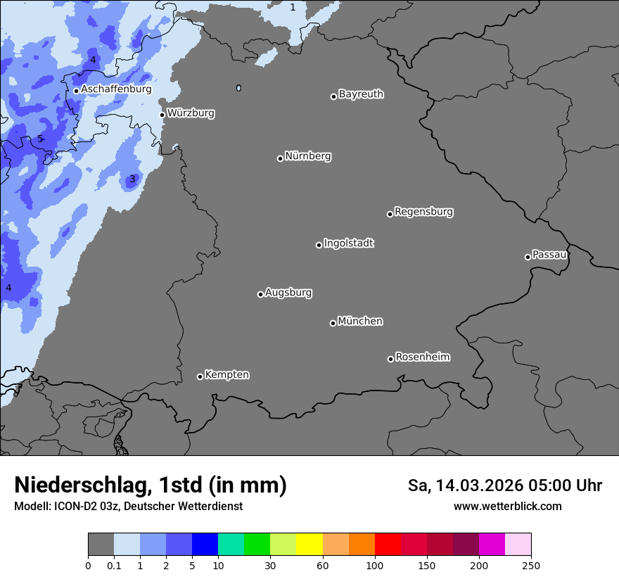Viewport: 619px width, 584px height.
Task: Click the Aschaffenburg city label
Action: (116, 89)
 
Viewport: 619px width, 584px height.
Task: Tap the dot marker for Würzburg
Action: (162, 115)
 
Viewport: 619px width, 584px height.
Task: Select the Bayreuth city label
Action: (361, 94)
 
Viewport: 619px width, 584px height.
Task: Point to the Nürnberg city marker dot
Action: (280, 158)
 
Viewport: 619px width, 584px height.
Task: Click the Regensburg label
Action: (423, 212)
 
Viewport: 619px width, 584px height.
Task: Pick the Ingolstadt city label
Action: (348, 243)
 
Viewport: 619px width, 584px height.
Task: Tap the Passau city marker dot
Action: (528, 257)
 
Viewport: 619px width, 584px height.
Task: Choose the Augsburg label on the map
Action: (288, 293)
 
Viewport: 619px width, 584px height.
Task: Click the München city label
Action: (360, 322)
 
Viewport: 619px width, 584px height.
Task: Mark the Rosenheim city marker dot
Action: (390, 360)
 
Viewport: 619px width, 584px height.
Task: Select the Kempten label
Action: (227, 375)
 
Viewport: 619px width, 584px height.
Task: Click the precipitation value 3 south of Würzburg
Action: (132, 179)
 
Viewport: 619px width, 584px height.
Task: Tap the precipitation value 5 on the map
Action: (40, 139)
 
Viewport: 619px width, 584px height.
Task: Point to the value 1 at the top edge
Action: (293, 7)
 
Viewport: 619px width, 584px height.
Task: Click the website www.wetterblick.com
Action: (507, 506)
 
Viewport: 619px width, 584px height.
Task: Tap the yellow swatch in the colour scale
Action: (309, 545)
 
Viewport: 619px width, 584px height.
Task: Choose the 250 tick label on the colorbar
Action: (530, 566)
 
